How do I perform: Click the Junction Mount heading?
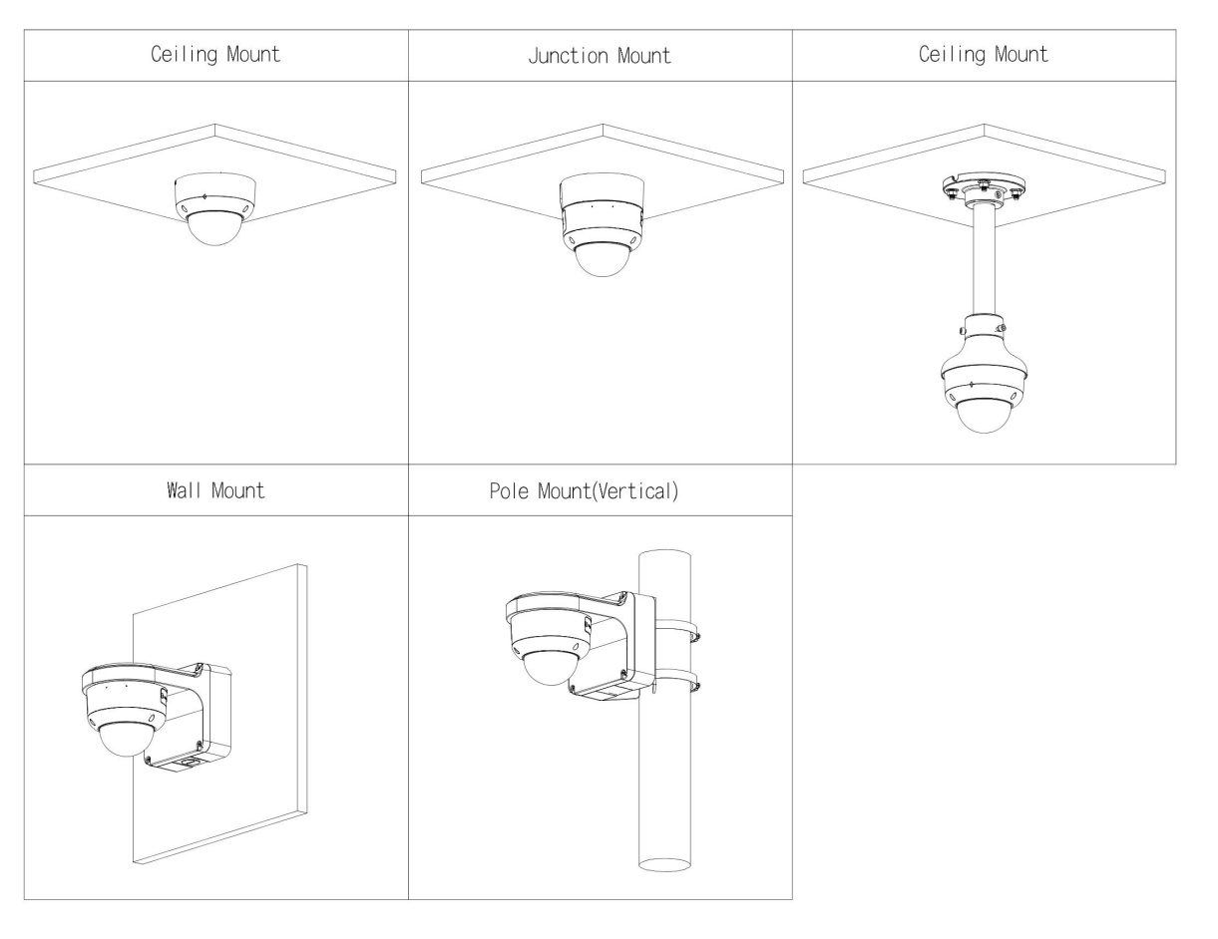coord(600,56)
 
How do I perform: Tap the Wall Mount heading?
coord(215,490)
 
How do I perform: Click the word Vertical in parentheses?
coord(639,491)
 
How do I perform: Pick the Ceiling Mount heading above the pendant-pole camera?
coord(983,55)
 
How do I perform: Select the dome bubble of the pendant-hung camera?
coord(983,415)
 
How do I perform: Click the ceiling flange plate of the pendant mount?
coord(983,185)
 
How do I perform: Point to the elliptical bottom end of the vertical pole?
coord(663,861)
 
